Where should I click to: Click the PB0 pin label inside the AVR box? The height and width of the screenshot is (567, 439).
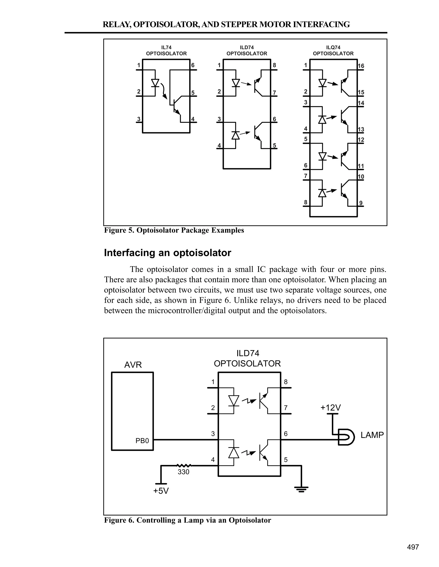click(142, 441)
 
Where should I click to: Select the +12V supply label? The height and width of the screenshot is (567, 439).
click(330, 408)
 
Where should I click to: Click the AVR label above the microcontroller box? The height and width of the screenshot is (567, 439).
click(133, 365)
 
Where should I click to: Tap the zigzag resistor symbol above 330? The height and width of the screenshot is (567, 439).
click(184, 465)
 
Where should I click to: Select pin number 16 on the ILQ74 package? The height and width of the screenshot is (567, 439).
click(361, 66)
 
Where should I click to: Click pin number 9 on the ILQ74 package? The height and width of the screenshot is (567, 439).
click(361, 203)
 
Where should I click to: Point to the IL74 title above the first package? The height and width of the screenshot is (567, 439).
click(166, 47)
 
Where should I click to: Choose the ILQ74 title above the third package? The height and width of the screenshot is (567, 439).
click(333, 47)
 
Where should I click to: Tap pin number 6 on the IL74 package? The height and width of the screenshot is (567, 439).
click(193, 65)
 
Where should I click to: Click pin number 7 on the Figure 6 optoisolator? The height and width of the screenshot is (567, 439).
click(286, 408)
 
